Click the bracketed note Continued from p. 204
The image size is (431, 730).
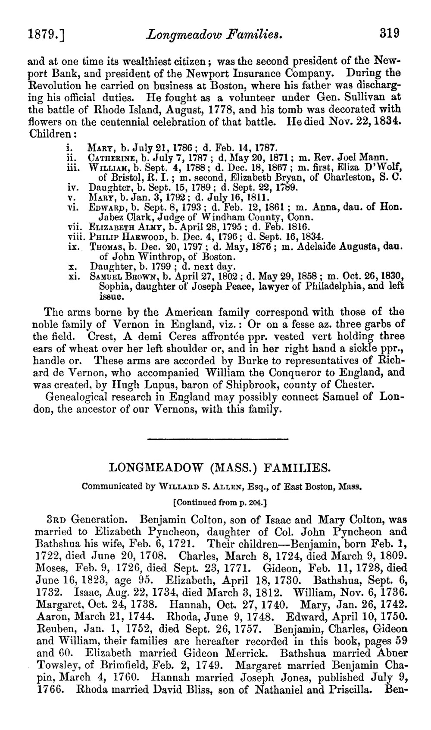[220, 502]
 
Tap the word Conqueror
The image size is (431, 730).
[307, 372]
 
